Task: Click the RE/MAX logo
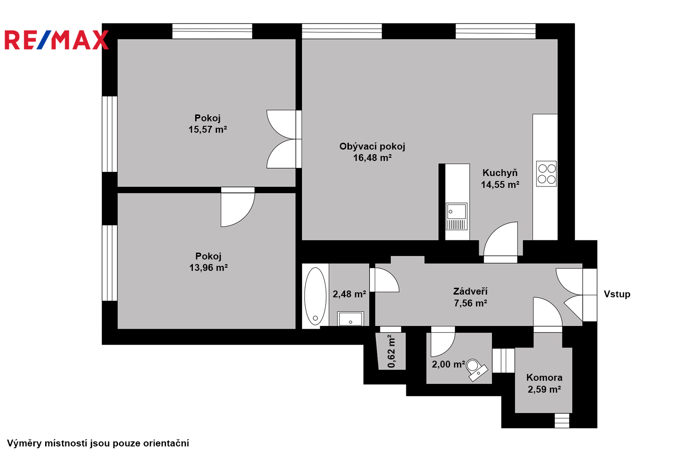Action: [57, 40]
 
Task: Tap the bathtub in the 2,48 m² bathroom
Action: [316, 296]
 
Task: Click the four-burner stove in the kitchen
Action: [546, 173]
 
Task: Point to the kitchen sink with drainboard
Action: [456, 216]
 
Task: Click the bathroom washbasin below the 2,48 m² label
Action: [351, 319]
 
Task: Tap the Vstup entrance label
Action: [617, 294]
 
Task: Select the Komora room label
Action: [544, 378]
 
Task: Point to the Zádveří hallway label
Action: [470, 291]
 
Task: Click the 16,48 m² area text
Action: [372, 158]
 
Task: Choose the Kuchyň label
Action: [500, 172]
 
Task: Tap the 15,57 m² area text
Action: [207, 129]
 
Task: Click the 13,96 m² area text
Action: [208, 268]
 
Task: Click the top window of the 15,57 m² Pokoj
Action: [212, 31]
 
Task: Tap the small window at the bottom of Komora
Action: [562, 420]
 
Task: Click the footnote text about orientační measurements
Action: [98, 443]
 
